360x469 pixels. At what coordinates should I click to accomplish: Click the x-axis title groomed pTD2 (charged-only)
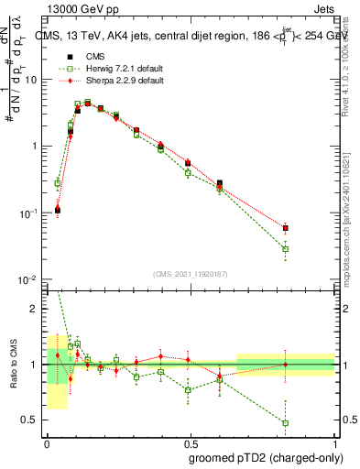point(265,457)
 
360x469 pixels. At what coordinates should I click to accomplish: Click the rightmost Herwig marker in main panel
point(286,249)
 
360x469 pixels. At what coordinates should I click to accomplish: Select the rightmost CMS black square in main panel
point(286,228)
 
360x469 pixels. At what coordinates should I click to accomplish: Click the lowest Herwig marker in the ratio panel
point(286,423)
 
